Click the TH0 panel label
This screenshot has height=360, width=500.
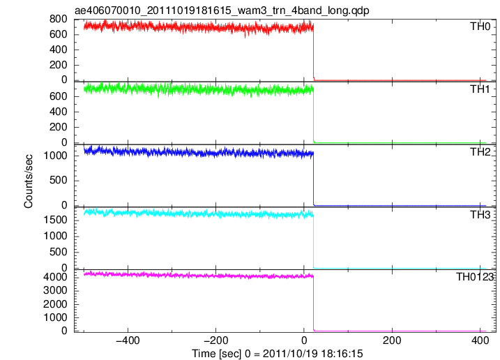[480, 27]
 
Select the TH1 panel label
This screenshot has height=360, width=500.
[480, 89]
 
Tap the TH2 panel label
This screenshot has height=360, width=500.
[480, 152]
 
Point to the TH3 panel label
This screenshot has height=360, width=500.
[480, 215]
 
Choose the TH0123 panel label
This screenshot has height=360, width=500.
[475, 277]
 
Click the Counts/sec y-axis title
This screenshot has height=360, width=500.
[29, 181]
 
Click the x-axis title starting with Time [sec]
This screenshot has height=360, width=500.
[277, 354]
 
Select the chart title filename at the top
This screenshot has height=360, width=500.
[222, 10]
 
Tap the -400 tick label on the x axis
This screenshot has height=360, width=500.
[128, 340]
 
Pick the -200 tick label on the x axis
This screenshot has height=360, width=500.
[216, 340]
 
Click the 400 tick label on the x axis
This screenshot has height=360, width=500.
[480, 340]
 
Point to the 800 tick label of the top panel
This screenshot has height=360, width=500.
[59, 19]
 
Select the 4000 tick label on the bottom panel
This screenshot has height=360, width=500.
[55, 277]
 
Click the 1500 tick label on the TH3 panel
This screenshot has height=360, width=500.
[55, 220]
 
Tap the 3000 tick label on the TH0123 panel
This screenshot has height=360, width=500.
[55, 290]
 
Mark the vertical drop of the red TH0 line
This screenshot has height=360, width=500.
[314, 52]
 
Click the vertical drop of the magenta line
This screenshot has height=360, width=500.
[314, 303]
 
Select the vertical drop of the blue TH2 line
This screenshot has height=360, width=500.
[314, 179]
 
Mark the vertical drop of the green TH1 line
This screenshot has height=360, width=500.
[314, 117]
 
